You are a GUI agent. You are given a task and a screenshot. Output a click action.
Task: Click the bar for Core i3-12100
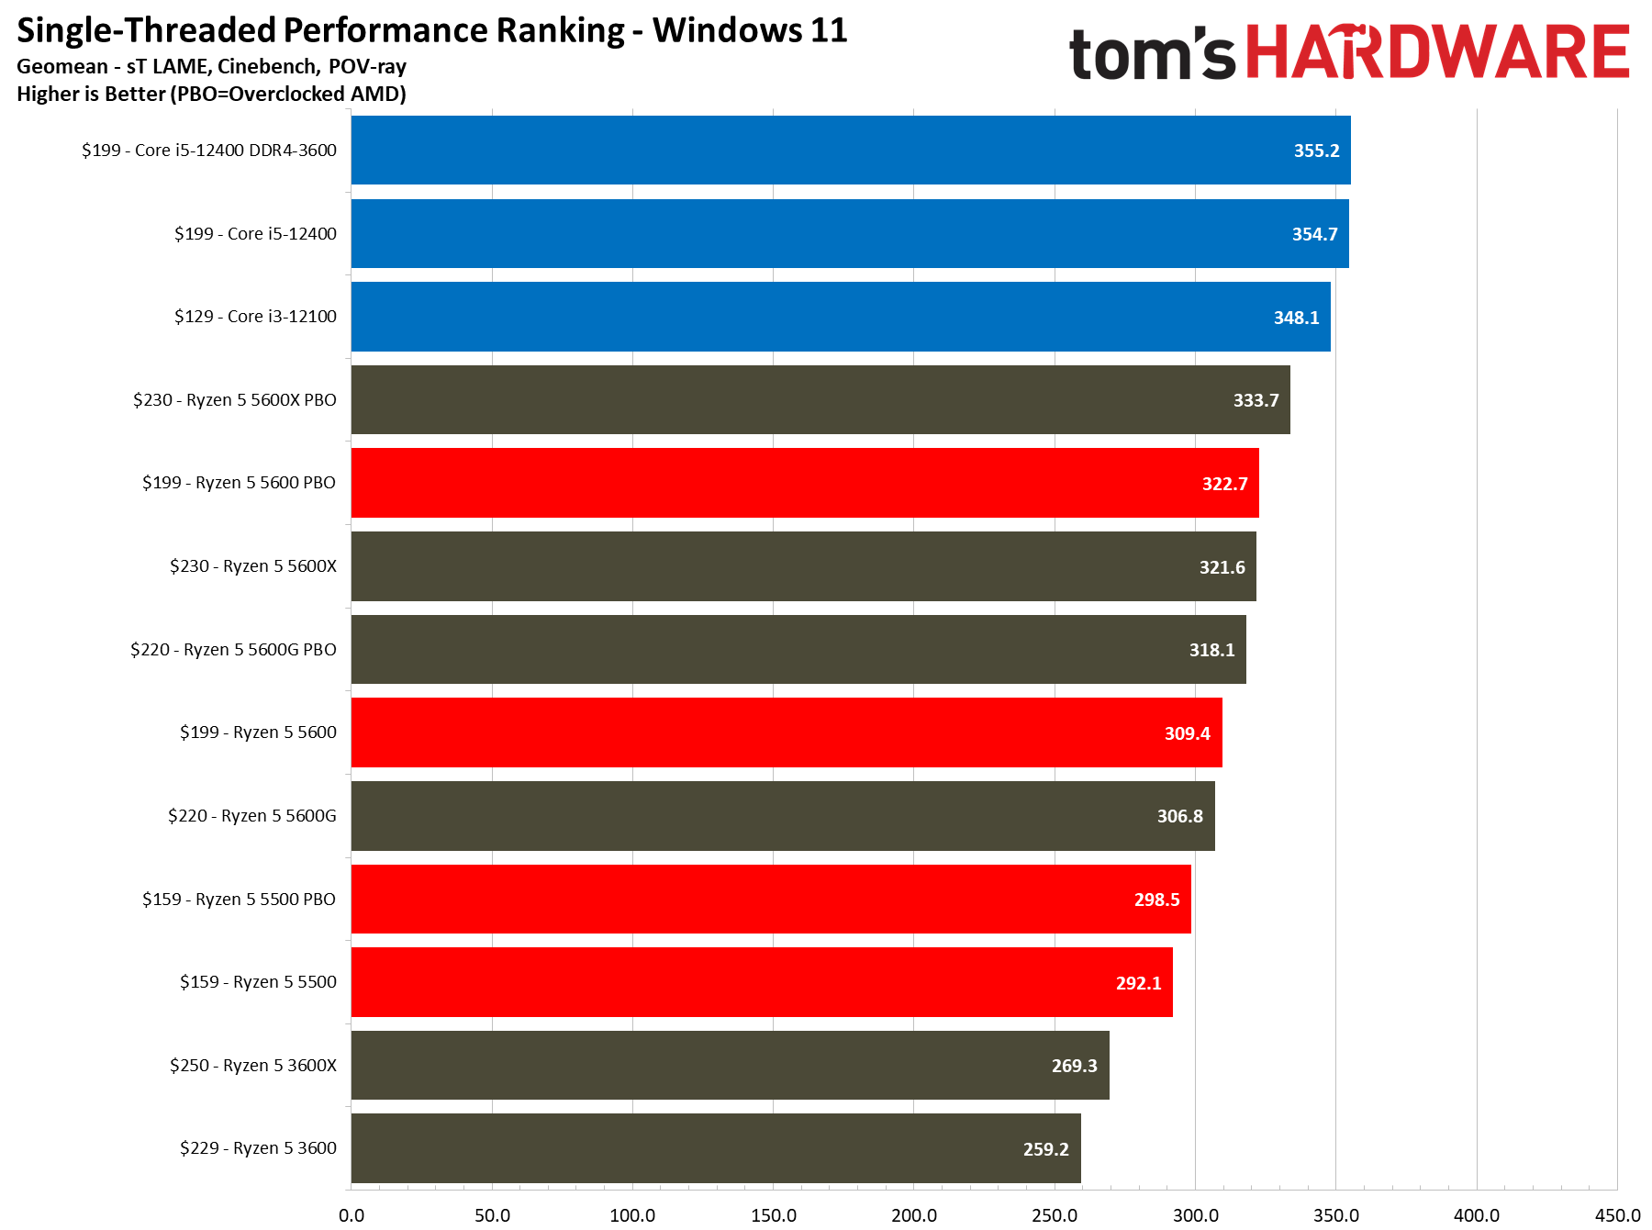click(840, 317)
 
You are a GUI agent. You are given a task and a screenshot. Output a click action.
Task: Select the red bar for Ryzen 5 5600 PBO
click(804, 483)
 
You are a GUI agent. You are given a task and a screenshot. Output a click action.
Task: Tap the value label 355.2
click(1316, 151)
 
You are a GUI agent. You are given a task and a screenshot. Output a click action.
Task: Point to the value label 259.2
click(1045, 1149)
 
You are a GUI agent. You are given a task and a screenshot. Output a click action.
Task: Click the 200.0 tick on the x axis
click(914, 1215)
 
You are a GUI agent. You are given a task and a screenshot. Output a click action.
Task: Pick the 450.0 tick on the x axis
click(1617, 1215)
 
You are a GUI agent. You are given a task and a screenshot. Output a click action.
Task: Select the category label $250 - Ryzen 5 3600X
click(252, 1066)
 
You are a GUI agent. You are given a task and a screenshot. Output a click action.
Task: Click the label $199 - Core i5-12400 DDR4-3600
click(209, 151)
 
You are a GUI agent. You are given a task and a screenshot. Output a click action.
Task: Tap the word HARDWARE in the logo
click(1437, 53)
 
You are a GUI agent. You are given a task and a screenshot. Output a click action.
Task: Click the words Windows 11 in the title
click(750, 30)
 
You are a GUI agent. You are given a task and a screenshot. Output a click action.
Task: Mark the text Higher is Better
click(92, 95)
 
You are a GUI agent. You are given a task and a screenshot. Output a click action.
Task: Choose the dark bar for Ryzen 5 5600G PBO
click(798, 650)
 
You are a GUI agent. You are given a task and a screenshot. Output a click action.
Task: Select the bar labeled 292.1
click(762, 982)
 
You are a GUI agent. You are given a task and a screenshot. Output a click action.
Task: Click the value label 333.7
click(1256, 400)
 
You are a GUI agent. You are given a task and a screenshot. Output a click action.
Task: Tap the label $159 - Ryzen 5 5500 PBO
click(239, 900)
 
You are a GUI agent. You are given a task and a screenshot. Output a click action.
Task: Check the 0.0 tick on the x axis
click(352, 1215)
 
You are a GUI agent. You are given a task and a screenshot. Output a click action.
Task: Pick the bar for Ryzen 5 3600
click(716, 1148)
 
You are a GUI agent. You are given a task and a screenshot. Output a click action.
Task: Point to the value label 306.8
click(1179, 816)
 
